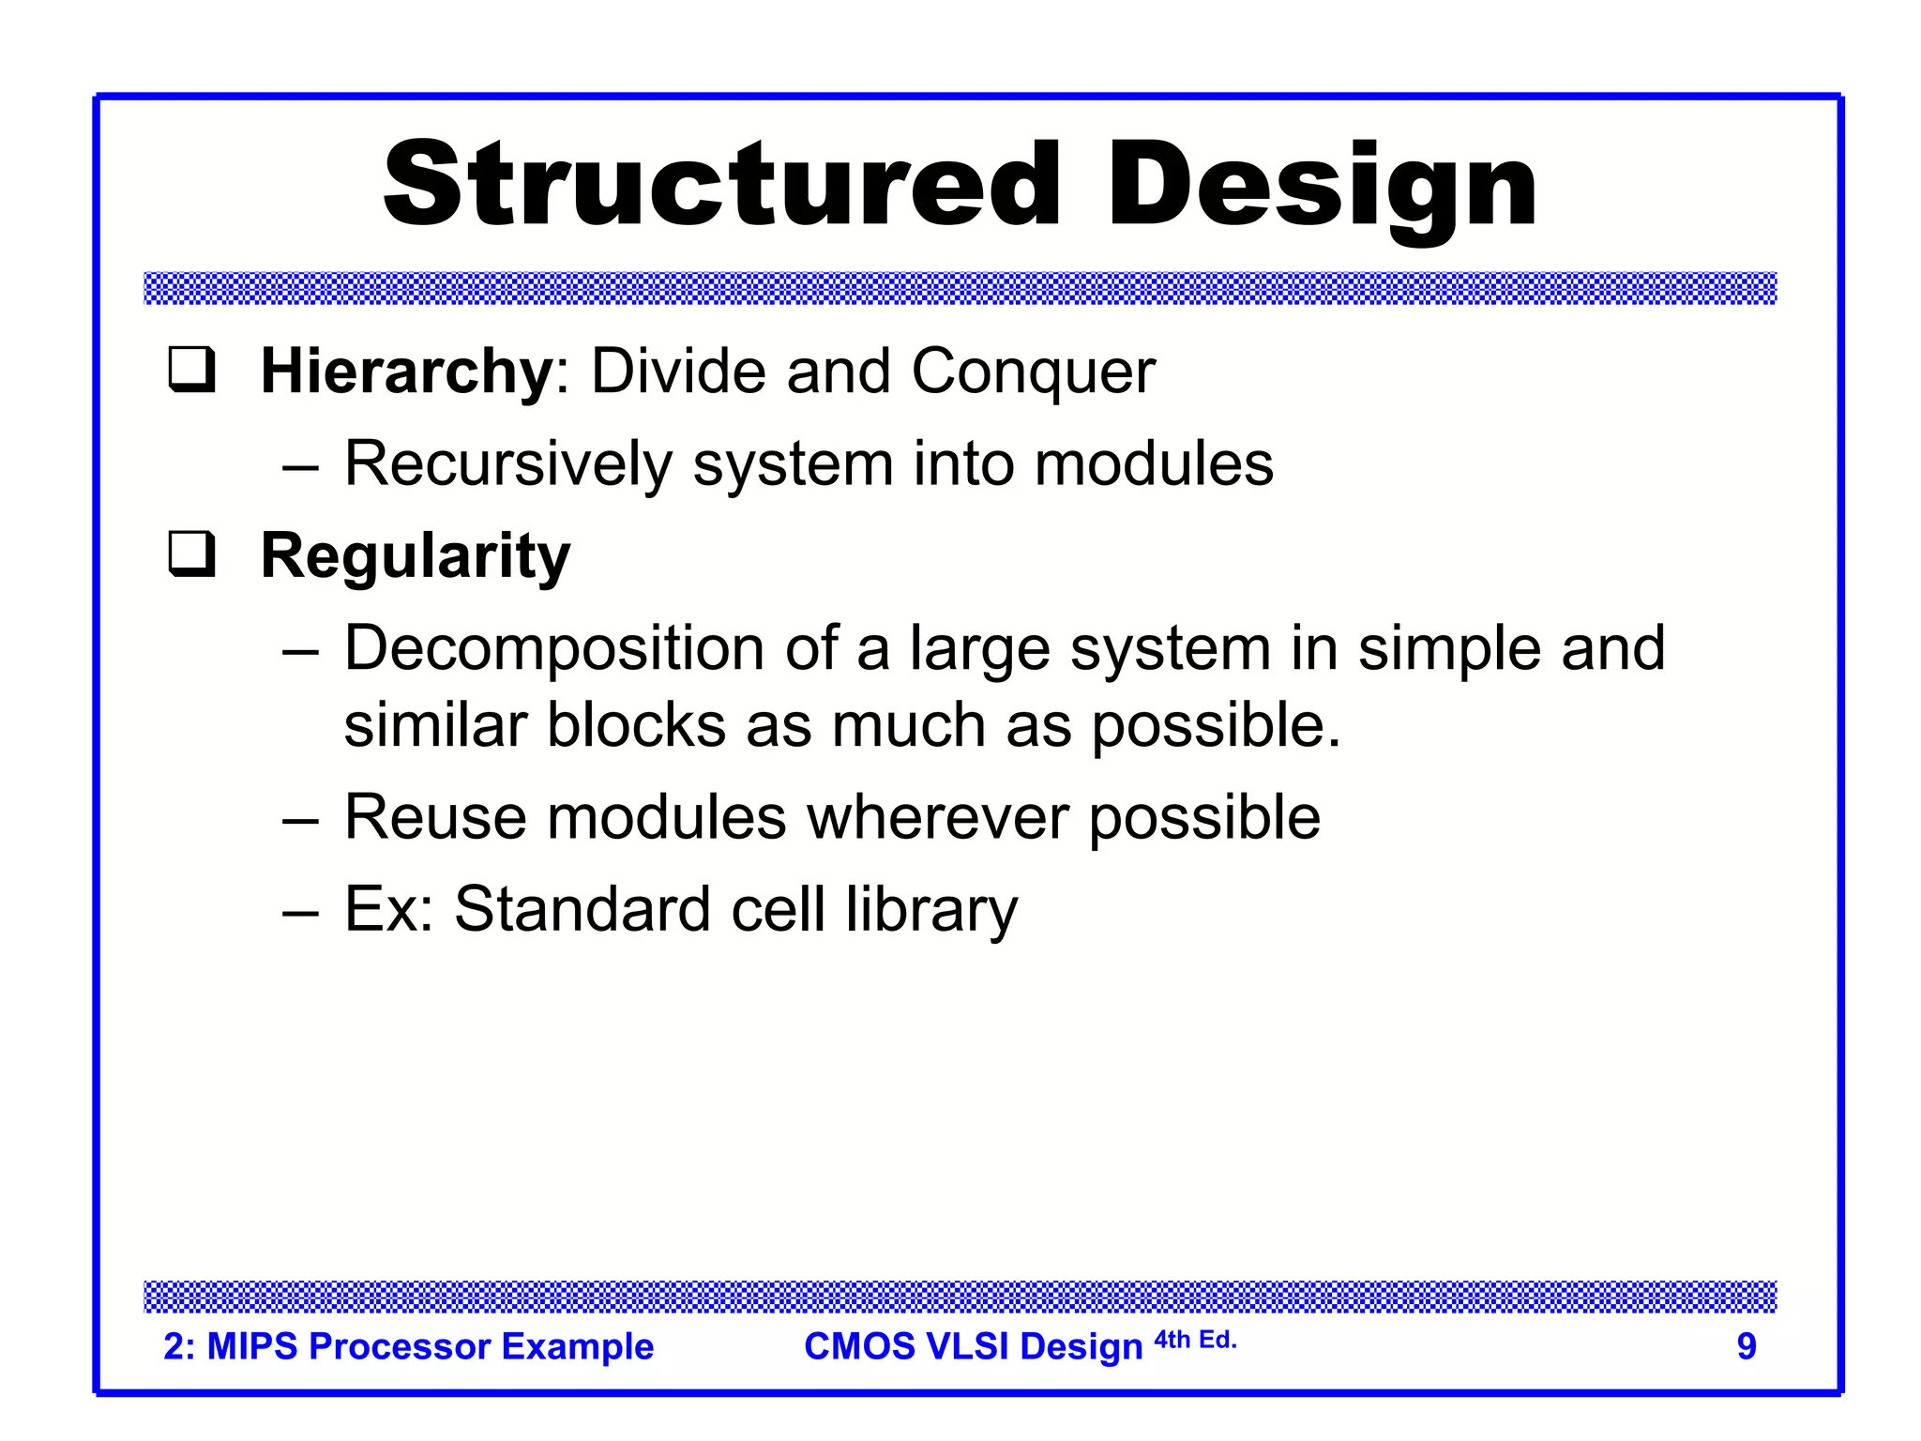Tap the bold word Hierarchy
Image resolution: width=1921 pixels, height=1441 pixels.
[x=407, y=372]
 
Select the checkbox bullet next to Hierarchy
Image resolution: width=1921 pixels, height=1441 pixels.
[x=192, y=370]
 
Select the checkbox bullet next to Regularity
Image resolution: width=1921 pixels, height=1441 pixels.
[x=192, y=554]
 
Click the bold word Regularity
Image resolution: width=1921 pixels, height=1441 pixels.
[x=415, y=557]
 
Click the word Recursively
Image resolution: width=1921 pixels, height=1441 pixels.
[x=508, y=464]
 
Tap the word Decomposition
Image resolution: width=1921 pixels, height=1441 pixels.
[x=554, y=649]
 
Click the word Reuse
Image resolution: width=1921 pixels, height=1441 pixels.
[x=435, y=817]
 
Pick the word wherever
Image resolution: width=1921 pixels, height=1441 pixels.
[x=937, y=817]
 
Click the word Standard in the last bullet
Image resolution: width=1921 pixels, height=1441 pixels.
[x=582, y=909]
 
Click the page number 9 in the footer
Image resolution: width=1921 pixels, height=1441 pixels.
[x=1746, y=1346]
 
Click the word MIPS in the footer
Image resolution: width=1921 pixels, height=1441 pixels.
[x=251, y=1346]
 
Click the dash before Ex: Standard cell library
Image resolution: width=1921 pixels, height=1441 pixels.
[x=300, y=911]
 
